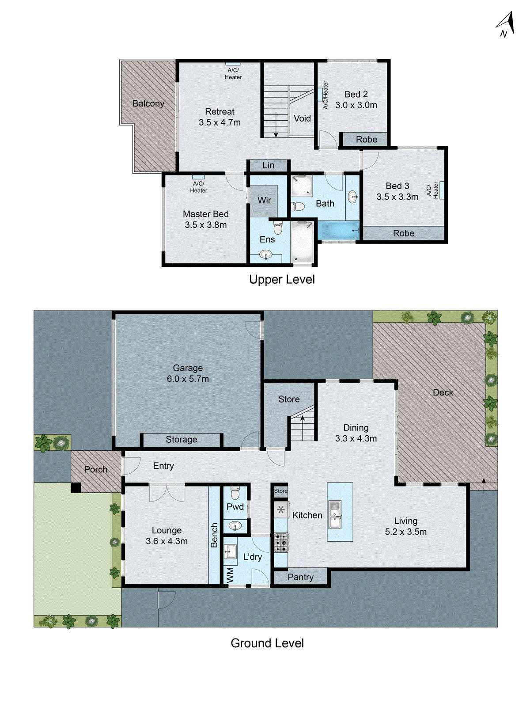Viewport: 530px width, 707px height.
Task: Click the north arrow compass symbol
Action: click(x=506, y=25)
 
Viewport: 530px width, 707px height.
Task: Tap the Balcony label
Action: click(x=148, y=103)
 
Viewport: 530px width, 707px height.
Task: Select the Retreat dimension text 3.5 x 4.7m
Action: click(x=220, y=122)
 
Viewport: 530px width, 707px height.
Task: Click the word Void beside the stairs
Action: click(x=302, y=118)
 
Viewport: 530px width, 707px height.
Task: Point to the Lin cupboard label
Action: click(x=268, y=165)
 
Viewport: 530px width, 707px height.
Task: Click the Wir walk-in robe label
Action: click(x=264, y=200)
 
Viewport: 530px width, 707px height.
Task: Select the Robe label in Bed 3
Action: click(x=403, y=233)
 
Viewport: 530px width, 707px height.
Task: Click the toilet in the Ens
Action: click(x=277, y=228)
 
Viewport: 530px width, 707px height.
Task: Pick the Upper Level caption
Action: click(x=282, y=279)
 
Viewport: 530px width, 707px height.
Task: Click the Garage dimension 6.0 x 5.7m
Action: click(x=188, y=379)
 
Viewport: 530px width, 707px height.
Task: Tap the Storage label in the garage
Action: click(x=181, y=440)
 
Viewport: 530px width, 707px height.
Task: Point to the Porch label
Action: click(x=95, y=469)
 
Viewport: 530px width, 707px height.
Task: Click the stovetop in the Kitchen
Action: click(x=281, y=543)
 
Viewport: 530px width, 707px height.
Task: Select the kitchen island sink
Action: click(x=335, y=515)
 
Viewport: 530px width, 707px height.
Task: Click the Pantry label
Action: click(x=300, y=577)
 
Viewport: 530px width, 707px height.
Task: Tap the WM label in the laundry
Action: click(x=230, y=575)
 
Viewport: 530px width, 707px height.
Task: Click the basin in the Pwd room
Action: click(x=235, y=526)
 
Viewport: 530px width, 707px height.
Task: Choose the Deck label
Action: click(x=443, y=392)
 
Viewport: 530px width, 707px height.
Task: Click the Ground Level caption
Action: click(x=267, y=643)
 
